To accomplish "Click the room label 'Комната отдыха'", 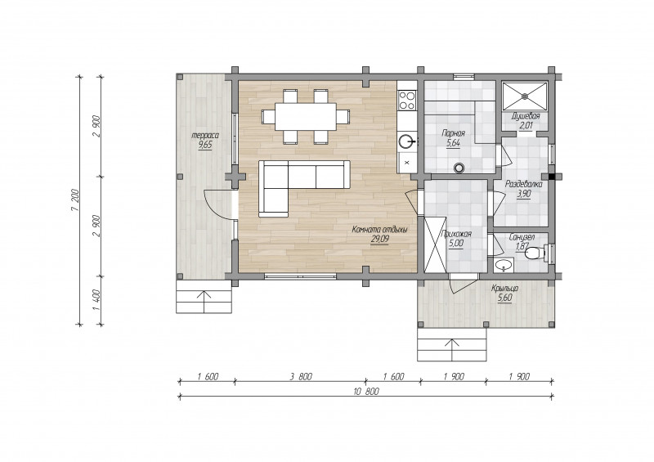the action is coord(379,230).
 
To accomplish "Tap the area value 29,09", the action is coord(379,240).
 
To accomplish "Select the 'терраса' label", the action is coord(205,135).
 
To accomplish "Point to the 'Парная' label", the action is coord(453,133).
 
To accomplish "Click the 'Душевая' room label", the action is coord(526,116).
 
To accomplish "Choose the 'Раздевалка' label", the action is coord(524,184).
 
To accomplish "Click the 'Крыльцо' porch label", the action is coord(504,289).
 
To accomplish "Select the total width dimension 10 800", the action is coord(366,392).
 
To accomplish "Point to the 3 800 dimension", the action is coord(301,376).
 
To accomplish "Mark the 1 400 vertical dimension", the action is coord(96,300).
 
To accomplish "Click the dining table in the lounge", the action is coord(306,116).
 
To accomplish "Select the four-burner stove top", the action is coord(407,100).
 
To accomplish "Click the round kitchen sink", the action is coord(406,141).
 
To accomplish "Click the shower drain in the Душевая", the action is coord(525,96).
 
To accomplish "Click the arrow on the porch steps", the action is coord(452,349).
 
